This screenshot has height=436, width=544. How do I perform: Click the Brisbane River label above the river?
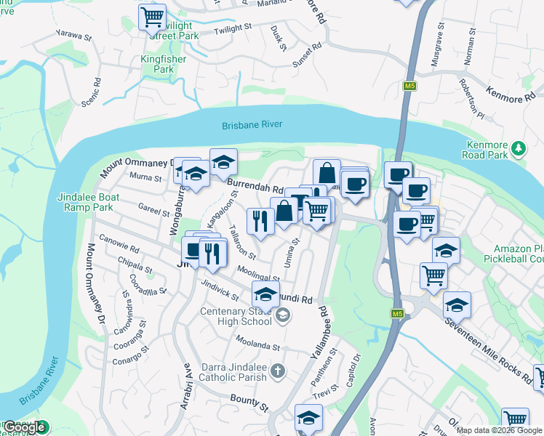252,125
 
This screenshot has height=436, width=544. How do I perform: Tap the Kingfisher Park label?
164,64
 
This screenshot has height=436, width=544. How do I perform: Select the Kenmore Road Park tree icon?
518,149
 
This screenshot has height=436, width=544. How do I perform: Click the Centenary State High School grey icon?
283,315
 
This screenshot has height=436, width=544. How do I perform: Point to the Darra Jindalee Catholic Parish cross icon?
277,372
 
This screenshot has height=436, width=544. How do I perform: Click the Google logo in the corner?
24,427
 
